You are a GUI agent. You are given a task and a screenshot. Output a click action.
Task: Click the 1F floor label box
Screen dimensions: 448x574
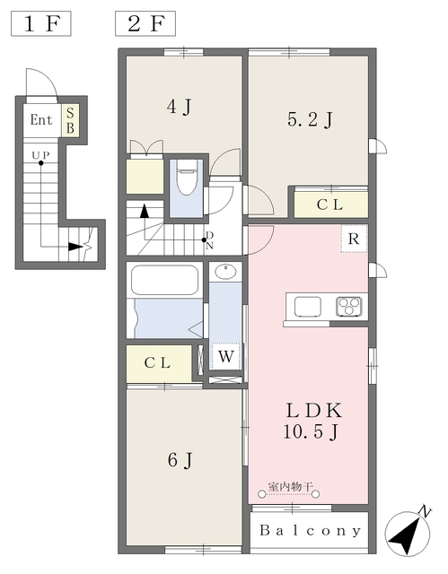pyautogui.click(x=41, y=24)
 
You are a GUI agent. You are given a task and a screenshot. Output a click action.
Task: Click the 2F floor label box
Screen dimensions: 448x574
pyautogui.click(x=145, y=24)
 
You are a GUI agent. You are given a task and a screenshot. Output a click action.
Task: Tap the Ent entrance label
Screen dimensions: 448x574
pyautogui.click(x=41, y=119)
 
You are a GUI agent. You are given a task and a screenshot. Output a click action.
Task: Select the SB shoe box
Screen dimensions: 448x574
pyautogui.click(x=70, y=120)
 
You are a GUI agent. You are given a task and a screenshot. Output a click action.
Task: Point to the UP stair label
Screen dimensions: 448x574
pyautogui.click(x=40, y=155)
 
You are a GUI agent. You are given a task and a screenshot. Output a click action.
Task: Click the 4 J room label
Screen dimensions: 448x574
pyautogui.click(x=179, y=107)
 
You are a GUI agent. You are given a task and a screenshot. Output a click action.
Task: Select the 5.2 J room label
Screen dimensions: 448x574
pyautogui.click(x=310, y=119)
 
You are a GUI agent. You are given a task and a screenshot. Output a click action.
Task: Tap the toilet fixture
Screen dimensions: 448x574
pyautogui.click(x=187, y=180)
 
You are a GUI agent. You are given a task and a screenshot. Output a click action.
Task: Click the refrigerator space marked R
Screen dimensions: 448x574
pyautogui.click(x=354, y=239)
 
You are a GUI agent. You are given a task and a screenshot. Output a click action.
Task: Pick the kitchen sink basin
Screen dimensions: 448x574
pyautogui.click(x=308, y=307)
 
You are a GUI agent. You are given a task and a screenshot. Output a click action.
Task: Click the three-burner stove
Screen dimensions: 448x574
pyautogui.click(x=349, y=307)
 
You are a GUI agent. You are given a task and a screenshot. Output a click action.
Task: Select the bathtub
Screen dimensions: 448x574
pyautogui.click(x=165, y=280)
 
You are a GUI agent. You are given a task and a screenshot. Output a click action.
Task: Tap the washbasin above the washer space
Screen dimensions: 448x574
pyautogui.click(x=225, y=272)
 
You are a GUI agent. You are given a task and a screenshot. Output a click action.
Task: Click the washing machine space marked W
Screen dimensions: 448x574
pyautogui.click(x=225, y=356)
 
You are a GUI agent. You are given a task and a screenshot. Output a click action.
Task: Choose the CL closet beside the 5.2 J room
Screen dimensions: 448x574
pyautogui.click(x=331, y=204)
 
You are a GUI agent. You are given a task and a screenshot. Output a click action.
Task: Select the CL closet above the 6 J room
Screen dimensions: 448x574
pyautogui.click(x=159, y=363)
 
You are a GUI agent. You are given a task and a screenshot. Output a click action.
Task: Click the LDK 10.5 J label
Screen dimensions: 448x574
pyautogui.click(x=312, y=422)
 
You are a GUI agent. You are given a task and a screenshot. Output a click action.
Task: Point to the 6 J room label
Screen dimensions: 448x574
pyautogui.click(x=180, y=460)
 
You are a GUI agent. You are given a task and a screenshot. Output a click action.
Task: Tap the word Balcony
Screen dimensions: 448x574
pyautogui.click(x=310, y=530)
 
